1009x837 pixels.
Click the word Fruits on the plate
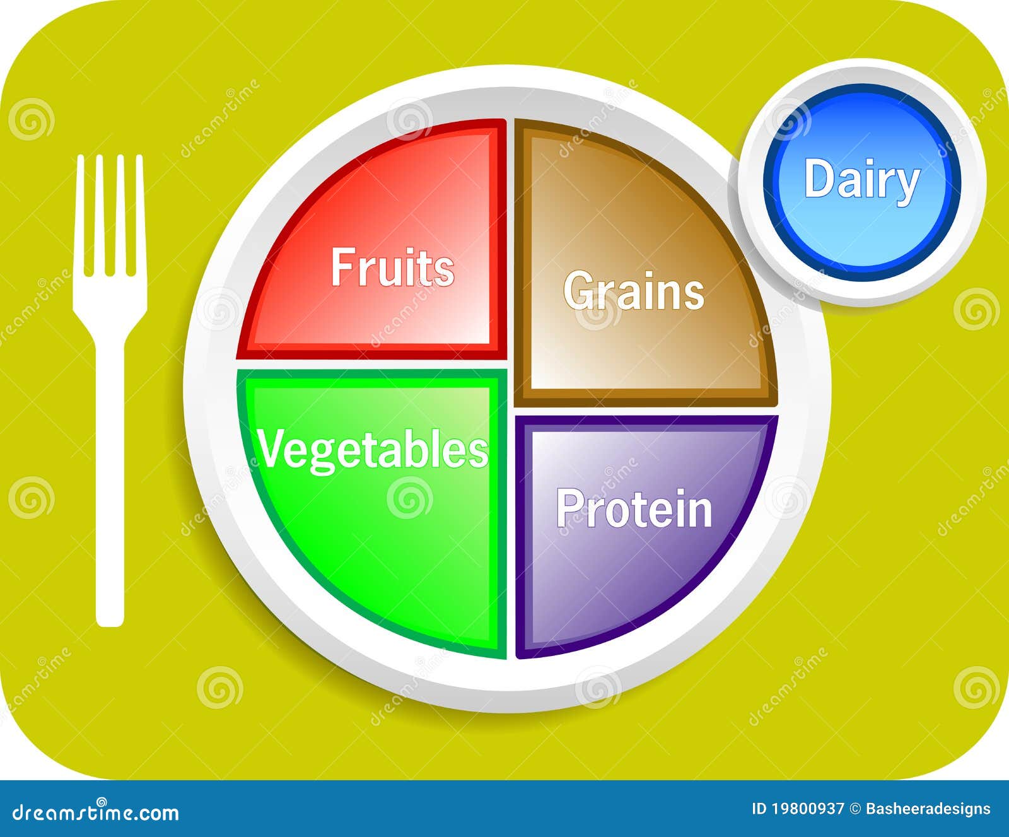pyautogui.click(x=392, y=267)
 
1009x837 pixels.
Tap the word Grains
pyautogui.click(x=634, y=291)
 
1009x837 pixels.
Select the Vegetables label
pyautogui.click(x=373, y=450)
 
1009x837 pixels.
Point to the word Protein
pyautogui.click(x=634, y=509)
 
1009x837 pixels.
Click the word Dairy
pyautogui.click(x=862, y=181)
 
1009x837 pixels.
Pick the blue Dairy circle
pyautogui.click(x=862, y=182)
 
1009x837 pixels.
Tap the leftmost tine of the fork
pyautogui.click(x=81, y=214)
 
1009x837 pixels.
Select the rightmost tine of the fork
pyautogui.click(x=140, y=214)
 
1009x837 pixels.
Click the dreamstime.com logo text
pyautogui.click(x=95, y=812)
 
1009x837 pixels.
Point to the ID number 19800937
pyautogui.click(x=807, y=809)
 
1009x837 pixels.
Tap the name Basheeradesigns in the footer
pyautogui.click(x=928, y=809)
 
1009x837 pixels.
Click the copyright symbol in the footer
pyautogui.click(x=854, y=809)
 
